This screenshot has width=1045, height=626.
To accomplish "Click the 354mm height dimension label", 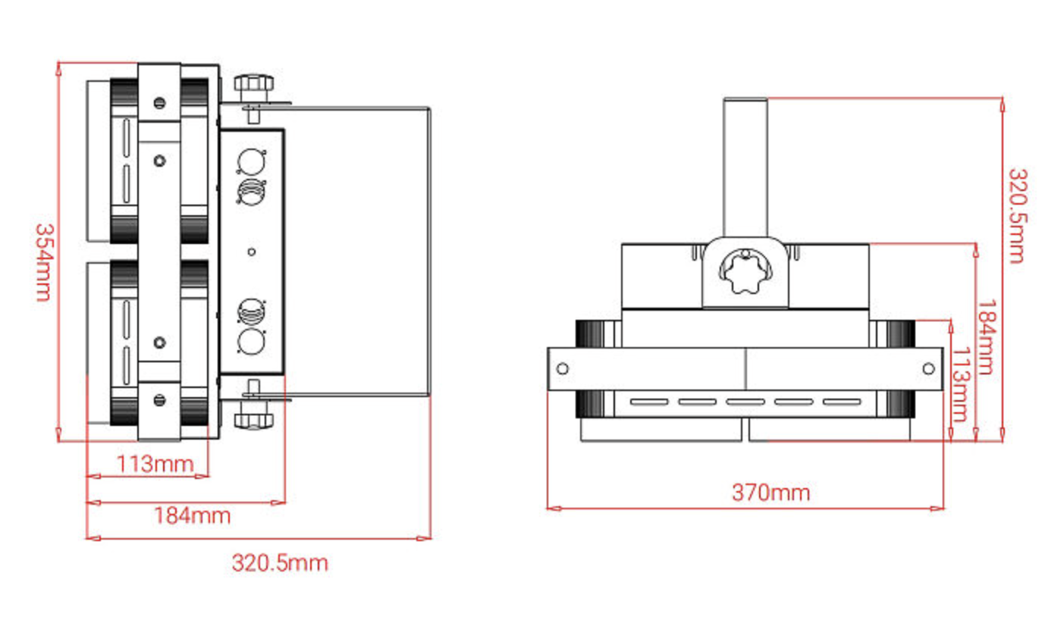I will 42,261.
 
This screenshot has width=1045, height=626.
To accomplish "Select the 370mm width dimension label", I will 770,493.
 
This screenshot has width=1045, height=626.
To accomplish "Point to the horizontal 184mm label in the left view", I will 192,516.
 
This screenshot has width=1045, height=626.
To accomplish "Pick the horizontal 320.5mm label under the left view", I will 279,563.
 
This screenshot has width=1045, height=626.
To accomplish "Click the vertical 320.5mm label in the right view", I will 1016,215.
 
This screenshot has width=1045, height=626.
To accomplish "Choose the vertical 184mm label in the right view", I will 984,336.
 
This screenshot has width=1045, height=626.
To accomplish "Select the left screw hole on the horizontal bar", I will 562,369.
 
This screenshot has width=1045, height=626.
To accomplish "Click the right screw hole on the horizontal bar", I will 929,368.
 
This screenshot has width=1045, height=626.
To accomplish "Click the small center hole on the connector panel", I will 252,252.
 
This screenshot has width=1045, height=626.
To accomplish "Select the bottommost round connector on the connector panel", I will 251,342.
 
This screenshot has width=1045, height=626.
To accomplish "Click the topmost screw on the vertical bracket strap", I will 159,102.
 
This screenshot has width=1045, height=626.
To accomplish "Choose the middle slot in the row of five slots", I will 745,402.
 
